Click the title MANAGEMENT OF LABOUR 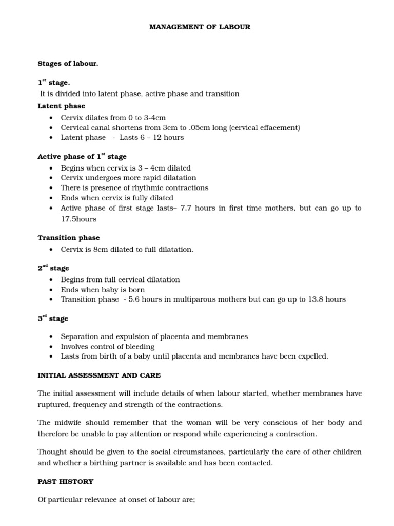(200, 27)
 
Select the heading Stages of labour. (68, 64)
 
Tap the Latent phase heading (61, 106)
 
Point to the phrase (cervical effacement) (259, 127)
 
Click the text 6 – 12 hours (158, 137)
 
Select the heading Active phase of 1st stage (82, 156)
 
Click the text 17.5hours (78, 219)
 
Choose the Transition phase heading (69, 238)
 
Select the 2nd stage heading (53, 268)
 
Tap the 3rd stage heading (52, 318)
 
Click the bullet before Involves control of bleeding (51, 347)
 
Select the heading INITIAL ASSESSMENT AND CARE (99, 375)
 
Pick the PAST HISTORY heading (65, 482)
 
